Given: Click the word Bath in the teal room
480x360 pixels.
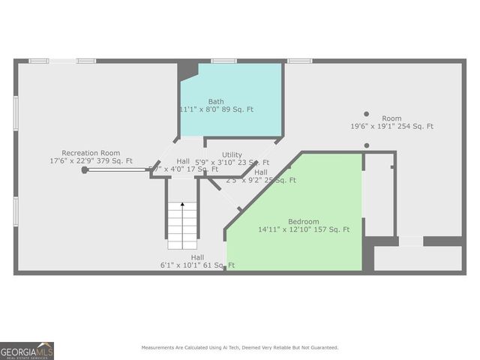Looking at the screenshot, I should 216,101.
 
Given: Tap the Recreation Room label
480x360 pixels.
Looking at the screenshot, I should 91,152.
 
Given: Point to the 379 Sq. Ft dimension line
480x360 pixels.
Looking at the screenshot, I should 91,160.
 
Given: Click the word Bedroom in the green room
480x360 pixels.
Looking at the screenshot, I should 304,221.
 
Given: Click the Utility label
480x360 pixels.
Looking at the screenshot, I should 232,154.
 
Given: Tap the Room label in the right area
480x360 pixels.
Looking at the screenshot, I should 391,118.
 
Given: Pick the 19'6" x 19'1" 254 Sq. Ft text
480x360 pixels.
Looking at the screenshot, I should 391,127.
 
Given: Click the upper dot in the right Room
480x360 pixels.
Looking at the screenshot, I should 367,114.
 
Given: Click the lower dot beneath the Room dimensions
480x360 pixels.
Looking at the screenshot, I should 367,145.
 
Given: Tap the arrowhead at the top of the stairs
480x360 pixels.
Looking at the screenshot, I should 181,203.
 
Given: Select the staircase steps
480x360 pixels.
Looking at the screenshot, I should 181,226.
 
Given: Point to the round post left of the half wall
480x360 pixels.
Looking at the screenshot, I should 85,169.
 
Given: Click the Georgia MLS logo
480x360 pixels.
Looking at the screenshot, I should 27,351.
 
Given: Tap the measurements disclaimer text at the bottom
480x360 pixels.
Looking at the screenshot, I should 240,347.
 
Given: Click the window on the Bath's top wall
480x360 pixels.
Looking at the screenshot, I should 223,61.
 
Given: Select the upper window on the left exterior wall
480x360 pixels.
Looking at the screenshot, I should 16,112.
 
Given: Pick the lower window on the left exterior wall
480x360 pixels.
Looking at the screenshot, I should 16,211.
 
